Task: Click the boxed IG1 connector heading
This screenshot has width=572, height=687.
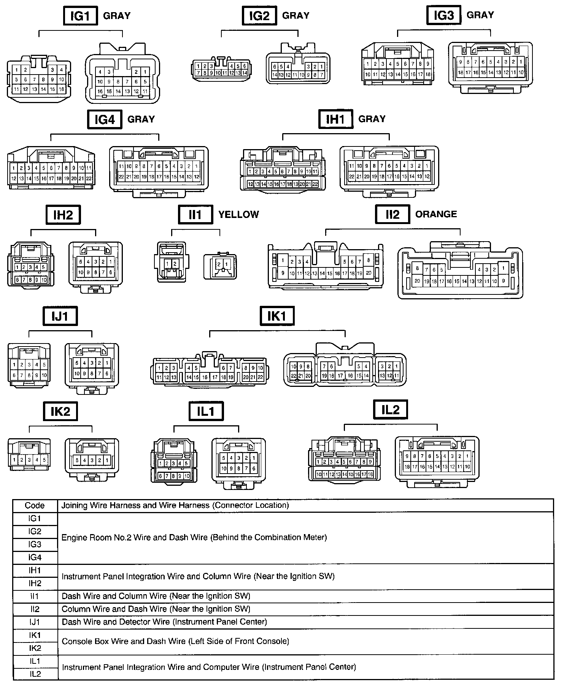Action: [81, 16]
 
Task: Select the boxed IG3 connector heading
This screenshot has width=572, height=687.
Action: [444, 15]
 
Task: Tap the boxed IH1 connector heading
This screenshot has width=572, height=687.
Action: [335, 119]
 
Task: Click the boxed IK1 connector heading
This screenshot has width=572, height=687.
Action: [277, 316]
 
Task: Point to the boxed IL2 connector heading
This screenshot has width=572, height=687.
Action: [391, 410]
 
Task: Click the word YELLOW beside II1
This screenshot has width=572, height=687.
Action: [238, 215]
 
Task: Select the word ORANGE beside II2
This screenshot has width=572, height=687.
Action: [436, 214]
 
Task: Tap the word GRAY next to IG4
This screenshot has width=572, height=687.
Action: [141, 119]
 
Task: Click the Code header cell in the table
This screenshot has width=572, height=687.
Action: [35, 506]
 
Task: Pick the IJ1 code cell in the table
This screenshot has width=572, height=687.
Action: [35, 622]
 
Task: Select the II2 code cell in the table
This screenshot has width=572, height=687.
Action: [35, 609]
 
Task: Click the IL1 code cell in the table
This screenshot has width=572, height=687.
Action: [35, 661]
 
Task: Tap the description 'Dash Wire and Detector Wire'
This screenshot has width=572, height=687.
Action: [164, 622]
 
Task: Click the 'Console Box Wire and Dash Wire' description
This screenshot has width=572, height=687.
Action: [175, 641]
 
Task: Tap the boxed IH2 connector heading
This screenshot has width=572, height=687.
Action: [63, 215]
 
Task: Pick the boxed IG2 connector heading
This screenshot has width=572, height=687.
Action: [259, 16]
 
